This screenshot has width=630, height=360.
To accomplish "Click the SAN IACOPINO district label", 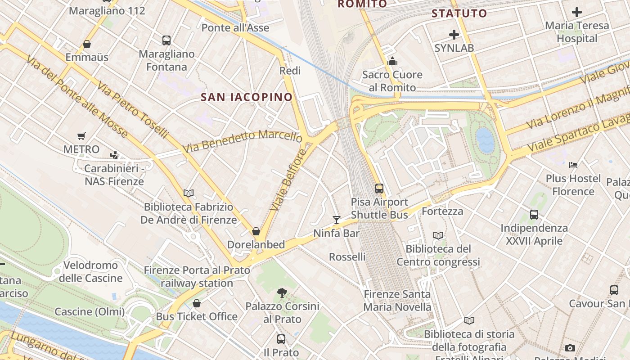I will [x=247, y=97].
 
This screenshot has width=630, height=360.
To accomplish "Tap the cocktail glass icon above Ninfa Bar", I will [x=337, y=220].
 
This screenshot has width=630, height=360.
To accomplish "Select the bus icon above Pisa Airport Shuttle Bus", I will [x=379, y=189].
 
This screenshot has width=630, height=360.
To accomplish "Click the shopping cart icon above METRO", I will [x=81, y=136].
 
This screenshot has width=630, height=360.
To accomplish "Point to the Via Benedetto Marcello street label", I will [x=242, y=141].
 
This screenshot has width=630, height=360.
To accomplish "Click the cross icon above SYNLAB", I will [x=454, y=34].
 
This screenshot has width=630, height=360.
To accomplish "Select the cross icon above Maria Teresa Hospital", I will [x=576, y=12].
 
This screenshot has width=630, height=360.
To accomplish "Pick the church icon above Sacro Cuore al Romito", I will [x=392, y=61].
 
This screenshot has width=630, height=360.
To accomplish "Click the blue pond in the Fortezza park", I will [x=486, y=140].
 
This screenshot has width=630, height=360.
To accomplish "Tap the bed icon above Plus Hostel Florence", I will [x=573, y=165].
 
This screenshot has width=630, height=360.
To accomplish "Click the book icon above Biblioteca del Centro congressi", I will [x=438, y=235].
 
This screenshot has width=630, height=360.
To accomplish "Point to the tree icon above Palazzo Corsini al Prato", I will [x=282, y=293].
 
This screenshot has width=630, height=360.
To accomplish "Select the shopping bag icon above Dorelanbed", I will [x=256, y=231].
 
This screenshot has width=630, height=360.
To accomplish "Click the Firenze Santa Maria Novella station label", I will [x=397, y=301].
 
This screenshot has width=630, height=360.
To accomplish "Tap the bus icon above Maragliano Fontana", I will [x=166, y=40].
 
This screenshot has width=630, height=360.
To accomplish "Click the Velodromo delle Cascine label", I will [x=90, y=271].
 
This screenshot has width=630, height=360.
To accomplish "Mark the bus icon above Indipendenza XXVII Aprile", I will [x=534, y=215].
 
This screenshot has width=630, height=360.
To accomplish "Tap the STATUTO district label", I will [x=459, y=13].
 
